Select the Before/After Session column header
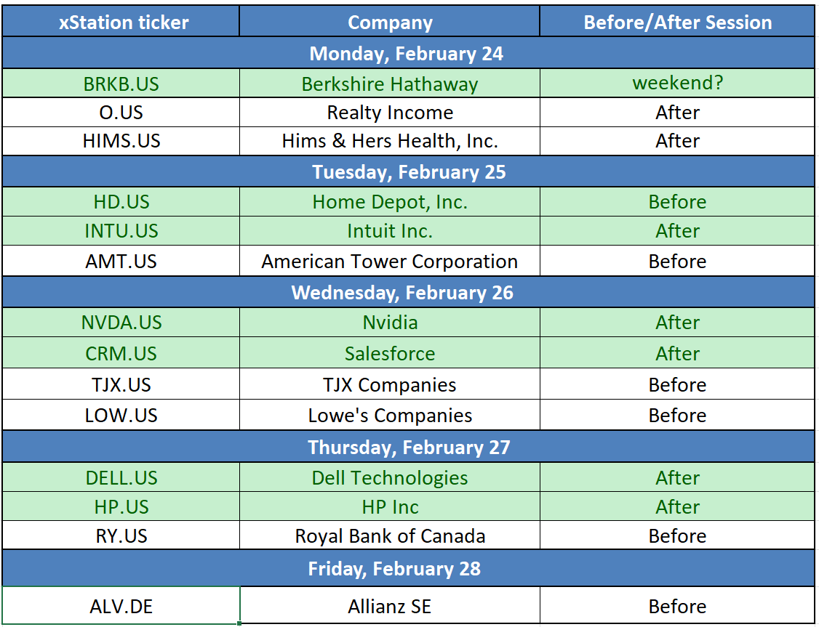pyautogui.click(x=677, y=23)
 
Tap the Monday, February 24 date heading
pyautogui.click(x=407, y=54)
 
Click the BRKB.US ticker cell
pyautogui.click(x=121, y=84)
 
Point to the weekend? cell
pyautogui.click(x=677, y=83)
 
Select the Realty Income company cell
pyautogui.click(x=390, y=113)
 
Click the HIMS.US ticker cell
pyautogui.click(x=121, y=141)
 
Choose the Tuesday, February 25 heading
pyautogui.click(x=409, y=172)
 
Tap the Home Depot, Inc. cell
pyautogui.click(x=390, y=202)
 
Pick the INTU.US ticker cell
pyautogui.click(x=121, y=231)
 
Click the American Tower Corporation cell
pyautogui.click(x=390, y=262)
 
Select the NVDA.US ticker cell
pyautogui.click(x=121, y=323)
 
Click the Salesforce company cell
pyautogui.click(x=390, y=354)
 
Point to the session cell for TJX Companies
pyautogui.click(x=677, y=385)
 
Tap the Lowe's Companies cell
pyautogui.click(x=390, y=416)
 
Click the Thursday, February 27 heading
pyautogui.click(x=409, y=448)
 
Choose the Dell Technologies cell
pyautogui.click(x=390, y=478)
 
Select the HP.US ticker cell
pyautogui.click(x=121, y=507)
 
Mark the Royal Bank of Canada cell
pyautogui.click(x=390, y=536)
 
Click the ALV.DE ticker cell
pyautogui.click(x=121, y=607)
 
